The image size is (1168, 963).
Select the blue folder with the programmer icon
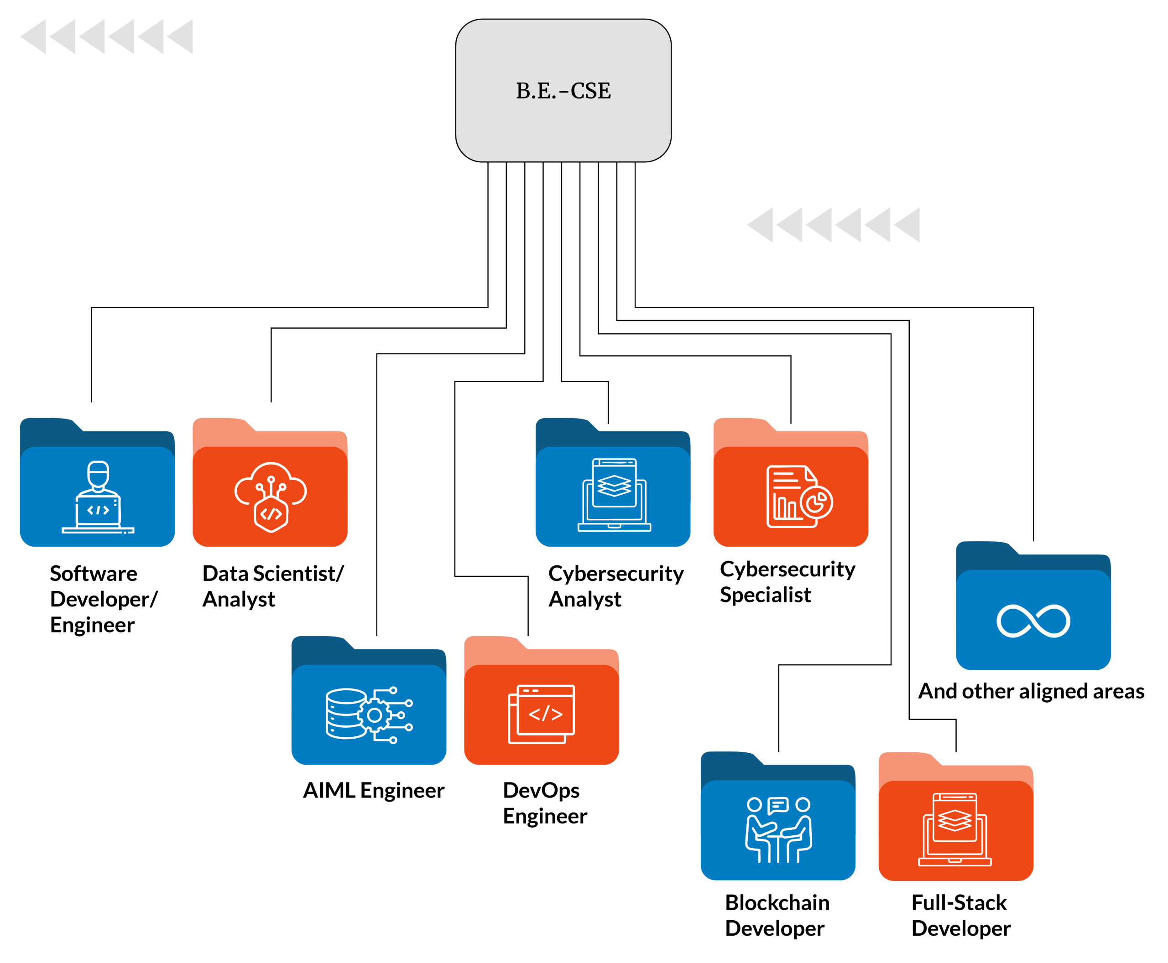(x=97, y=488)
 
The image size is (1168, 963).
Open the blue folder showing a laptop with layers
(x=613, y=488)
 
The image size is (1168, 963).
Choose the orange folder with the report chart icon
(x=791, y=488)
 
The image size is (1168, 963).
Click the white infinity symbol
(x=1033, y=621)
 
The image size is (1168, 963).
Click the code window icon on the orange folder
(x=541, y=714)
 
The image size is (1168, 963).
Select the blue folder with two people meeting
(x=778, y=822)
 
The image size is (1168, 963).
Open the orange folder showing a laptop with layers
(x=955, y=822)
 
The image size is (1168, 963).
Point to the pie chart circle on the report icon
(x=817, y=502)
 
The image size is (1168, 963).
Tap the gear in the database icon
(x=375, y=715)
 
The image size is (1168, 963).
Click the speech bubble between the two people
(x=778, y=805)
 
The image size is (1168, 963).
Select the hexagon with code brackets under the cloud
(x=271, y=514)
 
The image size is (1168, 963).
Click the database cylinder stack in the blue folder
(x=346, y=714)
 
